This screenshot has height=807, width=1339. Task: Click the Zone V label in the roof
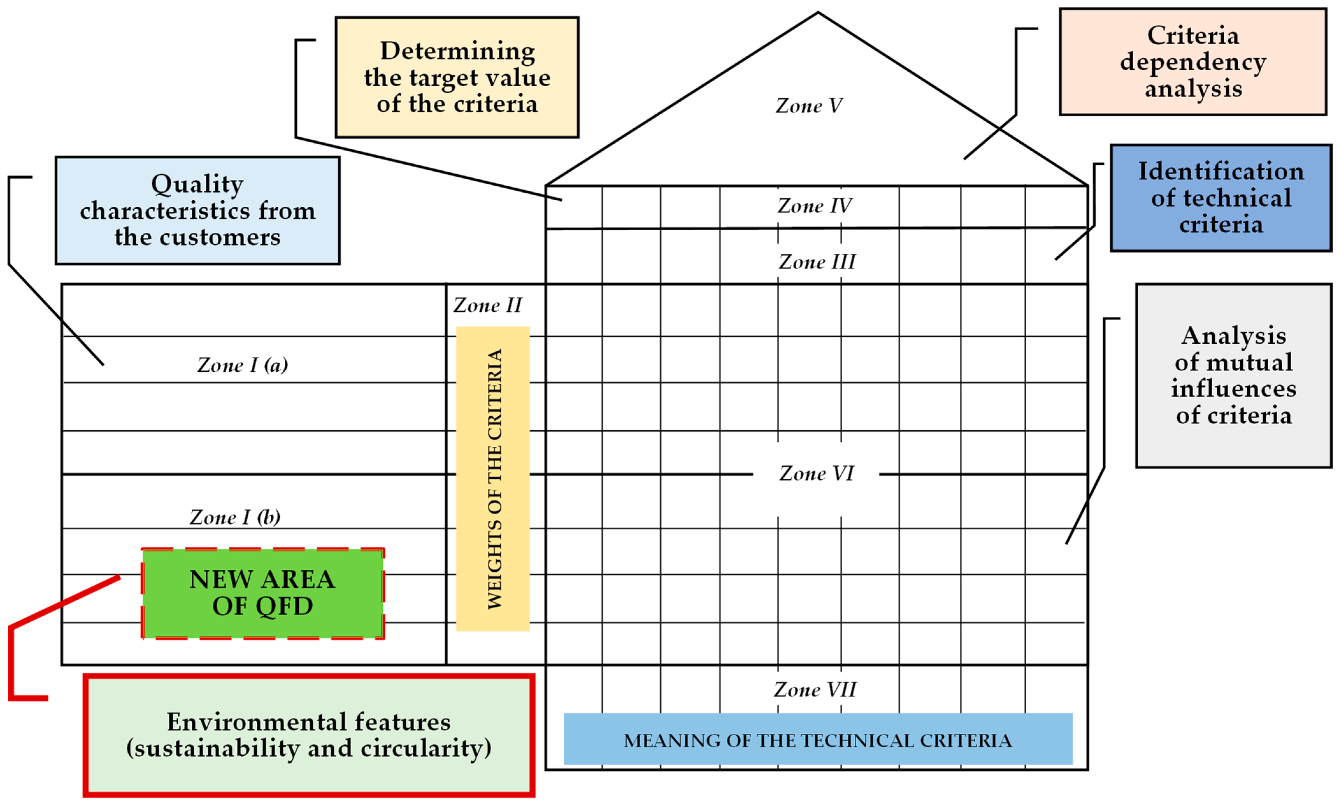808,105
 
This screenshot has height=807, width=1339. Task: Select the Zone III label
817,262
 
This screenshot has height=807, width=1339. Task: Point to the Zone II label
488,305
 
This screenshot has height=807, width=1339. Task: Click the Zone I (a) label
242,365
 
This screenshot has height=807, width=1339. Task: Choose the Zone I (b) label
235,517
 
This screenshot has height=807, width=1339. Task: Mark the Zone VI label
816,473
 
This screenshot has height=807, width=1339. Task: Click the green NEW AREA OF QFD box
262,593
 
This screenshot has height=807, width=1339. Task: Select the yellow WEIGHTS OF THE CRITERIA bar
492,478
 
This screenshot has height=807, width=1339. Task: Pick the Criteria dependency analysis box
1193,61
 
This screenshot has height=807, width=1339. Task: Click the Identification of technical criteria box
1221,198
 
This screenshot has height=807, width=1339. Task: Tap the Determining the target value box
457,77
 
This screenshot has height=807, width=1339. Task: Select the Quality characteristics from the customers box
197,210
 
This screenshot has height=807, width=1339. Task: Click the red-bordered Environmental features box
309,735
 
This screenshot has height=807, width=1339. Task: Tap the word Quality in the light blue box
197,184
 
